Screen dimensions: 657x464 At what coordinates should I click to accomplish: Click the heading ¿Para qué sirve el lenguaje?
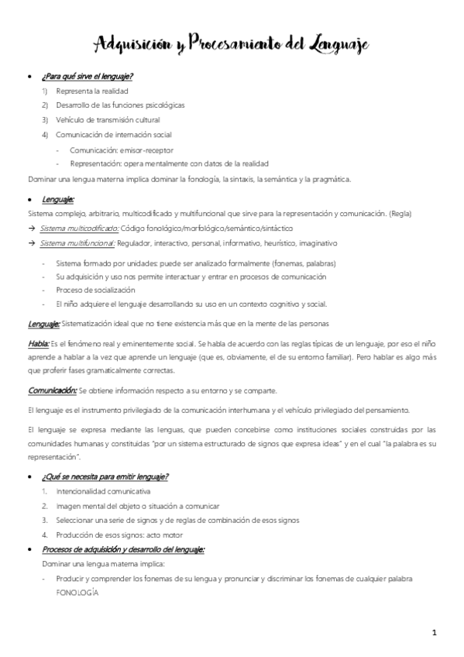[88, 76]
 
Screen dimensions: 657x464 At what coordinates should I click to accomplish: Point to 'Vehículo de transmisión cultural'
[108, 120]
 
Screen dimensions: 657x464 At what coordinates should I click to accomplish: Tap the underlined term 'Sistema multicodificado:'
[79, 229]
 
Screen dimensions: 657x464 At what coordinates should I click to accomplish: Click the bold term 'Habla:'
[39, 342]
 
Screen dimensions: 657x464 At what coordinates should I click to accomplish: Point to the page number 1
[435, 633]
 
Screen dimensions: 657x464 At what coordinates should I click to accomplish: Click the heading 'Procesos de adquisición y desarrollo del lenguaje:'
[123, 549]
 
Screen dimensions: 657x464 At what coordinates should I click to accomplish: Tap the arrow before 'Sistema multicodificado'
[31, 229]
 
